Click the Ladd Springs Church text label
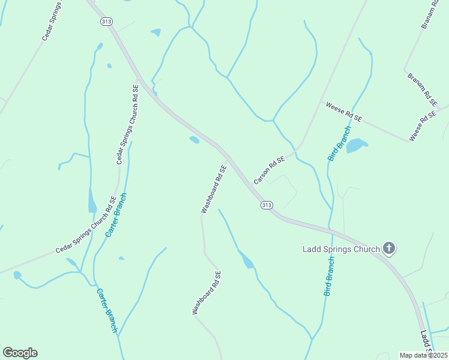[x=340, y=249]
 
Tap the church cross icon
[x=389, y=247]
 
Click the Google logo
[x=20, y=353]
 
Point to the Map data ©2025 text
[x=423, y=355]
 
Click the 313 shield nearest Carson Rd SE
[x=267, y=205]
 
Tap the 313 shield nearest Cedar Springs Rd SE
[x=106, y=21]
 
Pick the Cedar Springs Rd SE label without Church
[x=52, y=25]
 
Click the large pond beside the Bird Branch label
[x=356, y=145]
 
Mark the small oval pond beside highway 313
[x=194, y=140]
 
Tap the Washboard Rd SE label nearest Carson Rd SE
[x=214, y=189]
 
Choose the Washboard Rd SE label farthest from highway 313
[x=206, y=293]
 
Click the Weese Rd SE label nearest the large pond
[x=344, y=112]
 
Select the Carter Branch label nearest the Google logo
[x=107, y=311]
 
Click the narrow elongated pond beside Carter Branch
[x=92, y=200]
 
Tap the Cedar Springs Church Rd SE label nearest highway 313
[x=127, y=124]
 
